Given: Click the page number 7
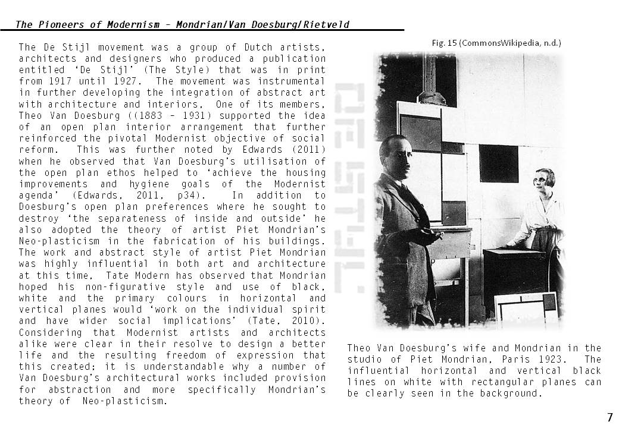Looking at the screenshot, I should click(609, 417).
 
